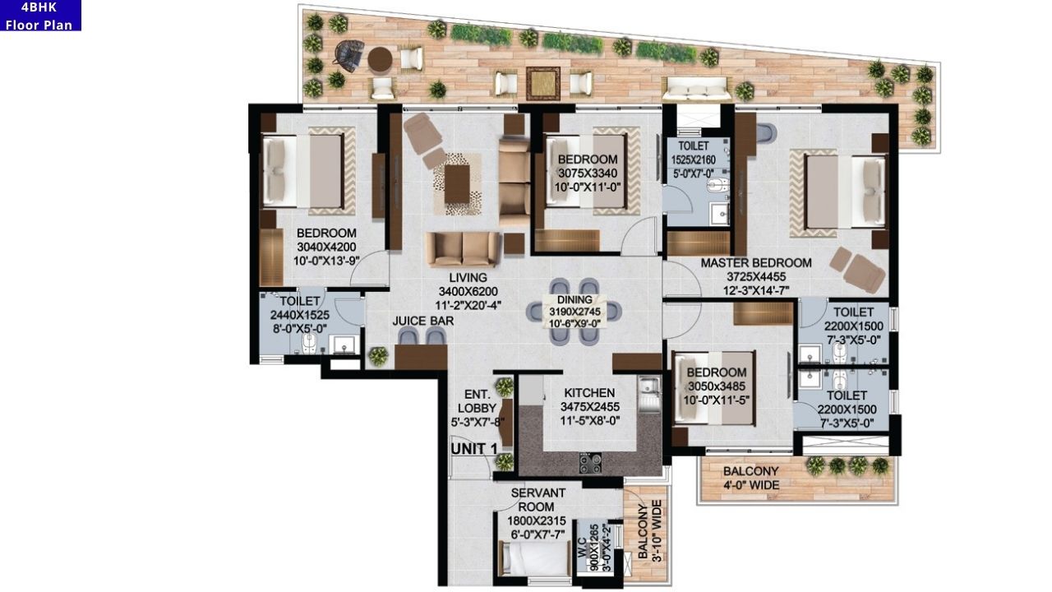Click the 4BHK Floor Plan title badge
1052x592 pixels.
39,16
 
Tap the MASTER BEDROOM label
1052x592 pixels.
755,263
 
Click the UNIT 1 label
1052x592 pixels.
474,449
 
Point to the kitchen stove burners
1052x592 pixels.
590,463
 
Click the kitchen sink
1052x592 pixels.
648,385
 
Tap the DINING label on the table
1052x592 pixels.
574,300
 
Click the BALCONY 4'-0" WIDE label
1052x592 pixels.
750,478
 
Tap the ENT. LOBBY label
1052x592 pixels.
477,408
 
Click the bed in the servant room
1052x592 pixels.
534,559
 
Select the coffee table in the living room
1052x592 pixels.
457,183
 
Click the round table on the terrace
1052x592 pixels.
380,58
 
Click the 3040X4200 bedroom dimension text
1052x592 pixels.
326,247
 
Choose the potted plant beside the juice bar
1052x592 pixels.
378,356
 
